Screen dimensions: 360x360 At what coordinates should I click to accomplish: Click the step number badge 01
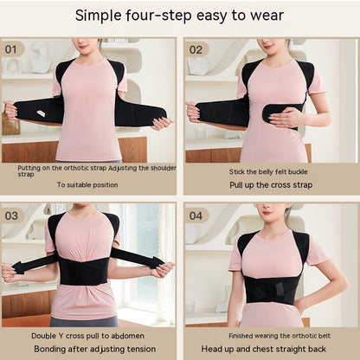click(x=13, y=49)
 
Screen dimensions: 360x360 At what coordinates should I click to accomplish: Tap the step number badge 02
click(x=196, y=49)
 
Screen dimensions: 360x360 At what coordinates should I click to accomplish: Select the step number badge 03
click(x=13, y=215)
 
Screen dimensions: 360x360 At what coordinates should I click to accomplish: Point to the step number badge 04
click(x=196, y=215)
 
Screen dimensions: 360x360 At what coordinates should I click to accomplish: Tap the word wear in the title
click(x=266, y=15)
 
